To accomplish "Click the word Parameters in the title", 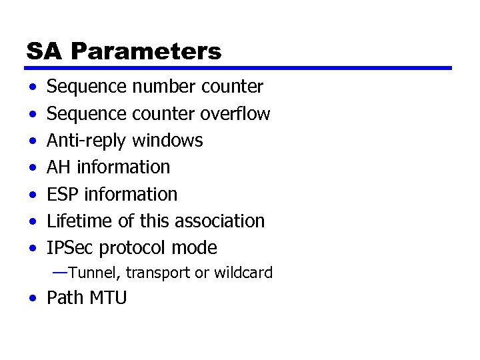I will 146,51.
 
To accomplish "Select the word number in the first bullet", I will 162,87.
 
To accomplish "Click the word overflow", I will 235,114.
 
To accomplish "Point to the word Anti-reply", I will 87,141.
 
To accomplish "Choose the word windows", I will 167,141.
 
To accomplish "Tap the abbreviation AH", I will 58,167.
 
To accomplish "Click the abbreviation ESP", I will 62,195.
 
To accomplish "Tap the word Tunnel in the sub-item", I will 95,273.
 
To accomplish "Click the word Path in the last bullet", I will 65,298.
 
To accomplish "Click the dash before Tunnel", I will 60,272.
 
